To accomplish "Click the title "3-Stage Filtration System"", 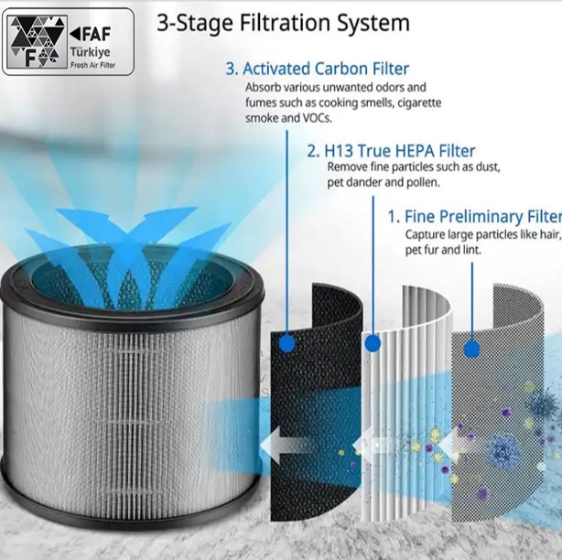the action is (x=283, y=23).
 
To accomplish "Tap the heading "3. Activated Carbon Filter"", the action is (x=318, y=69).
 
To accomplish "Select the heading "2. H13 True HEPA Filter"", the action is (x=391, y=151).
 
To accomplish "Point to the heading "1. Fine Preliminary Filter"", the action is (x=475, y=216).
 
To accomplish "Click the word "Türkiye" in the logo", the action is (x=91, y=52).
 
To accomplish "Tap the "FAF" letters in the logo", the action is (x=91, y=34).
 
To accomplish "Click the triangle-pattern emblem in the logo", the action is (x=38, y=42).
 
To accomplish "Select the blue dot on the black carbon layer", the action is (x=286, y=343).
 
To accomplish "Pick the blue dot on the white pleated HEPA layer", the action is (x=373, y=344).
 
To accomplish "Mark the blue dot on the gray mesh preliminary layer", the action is (x=472, y=349).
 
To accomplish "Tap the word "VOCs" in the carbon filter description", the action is (x=318, y=118).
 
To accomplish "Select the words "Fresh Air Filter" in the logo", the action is (x=92, y=65).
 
